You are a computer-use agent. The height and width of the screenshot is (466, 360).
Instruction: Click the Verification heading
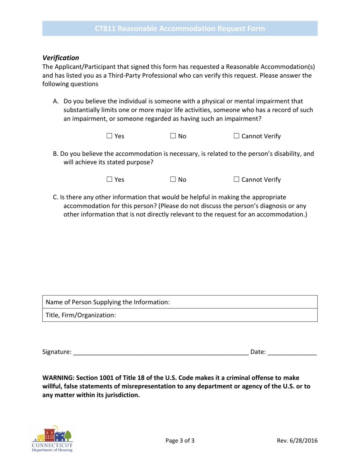pyautogui.click(x=61, y=58)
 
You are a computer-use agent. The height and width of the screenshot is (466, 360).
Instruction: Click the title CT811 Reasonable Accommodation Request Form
pyautogui.click(x=180, y=29)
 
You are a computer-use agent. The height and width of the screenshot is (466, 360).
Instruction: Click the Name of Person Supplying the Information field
pyautogui.click(x=243, y=302)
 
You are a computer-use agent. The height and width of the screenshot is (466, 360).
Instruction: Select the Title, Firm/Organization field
pyautogui.click(x=216, y=315)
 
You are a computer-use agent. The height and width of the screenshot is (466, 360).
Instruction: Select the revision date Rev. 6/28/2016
pyautogui.click(x=297, y=441)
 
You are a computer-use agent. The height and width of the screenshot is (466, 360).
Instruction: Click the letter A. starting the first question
pyautogui.click(x=56, y=101)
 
